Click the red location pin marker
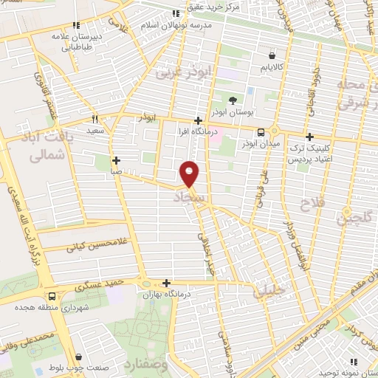point(190,173)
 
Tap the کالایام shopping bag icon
point(272,55)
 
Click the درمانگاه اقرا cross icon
point(197,120)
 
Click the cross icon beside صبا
point(116,159)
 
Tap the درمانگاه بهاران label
point(169,293)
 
